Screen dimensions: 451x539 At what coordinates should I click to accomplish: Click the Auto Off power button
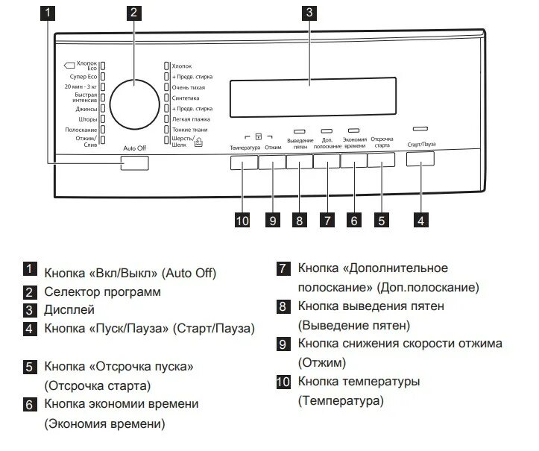(x=134, y=163)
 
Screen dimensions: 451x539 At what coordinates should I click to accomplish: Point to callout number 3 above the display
(x=308, y=12)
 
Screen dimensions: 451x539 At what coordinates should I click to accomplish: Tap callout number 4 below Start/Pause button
(x=421, y=220)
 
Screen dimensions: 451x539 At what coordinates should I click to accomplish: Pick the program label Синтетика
(x=185, y=98)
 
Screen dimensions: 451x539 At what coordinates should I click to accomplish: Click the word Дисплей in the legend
(x=69, y=309)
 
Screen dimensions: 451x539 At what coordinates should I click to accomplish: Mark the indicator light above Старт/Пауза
(x=421, y=129)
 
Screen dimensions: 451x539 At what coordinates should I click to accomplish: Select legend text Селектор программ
(x=102, y=291)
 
